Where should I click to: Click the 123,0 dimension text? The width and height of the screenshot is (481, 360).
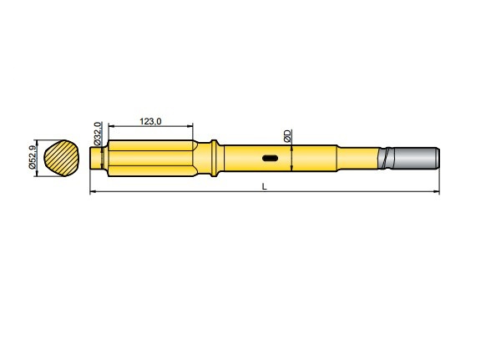[x=149, y=122]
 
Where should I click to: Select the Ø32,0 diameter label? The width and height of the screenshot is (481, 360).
[x=98, y=134]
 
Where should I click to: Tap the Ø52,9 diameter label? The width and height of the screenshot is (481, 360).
[x=32, y=156]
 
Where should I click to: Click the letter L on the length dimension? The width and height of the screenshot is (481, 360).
[x=264, y=186]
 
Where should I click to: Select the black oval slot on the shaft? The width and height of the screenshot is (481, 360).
[x=270, y=157]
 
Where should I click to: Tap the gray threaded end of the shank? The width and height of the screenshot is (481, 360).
[x=415, y=157]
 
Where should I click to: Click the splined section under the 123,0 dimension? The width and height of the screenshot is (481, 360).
[x=150, y=157]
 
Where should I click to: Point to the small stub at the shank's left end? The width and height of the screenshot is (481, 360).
[x=95, y=157]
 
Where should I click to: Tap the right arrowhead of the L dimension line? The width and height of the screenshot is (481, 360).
[x=436, y=193]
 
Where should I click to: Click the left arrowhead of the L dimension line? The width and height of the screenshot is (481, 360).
[x=93, y=193]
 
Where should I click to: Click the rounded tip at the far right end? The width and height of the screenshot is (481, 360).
[x=438, y=157]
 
